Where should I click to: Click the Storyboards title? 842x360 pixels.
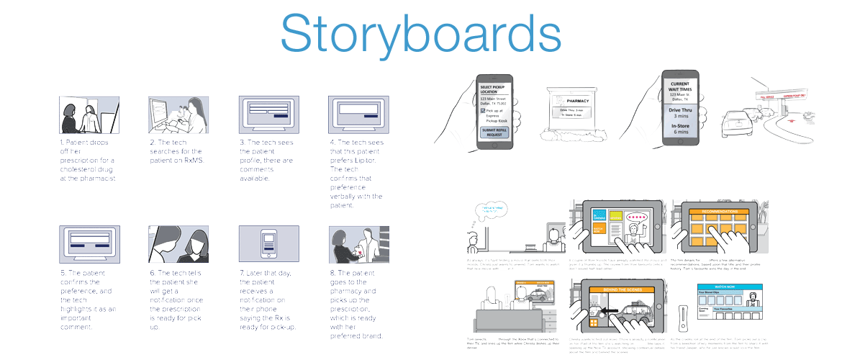[x=421, y=35]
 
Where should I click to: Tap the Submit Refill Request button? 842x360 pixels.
[x=494, y=132]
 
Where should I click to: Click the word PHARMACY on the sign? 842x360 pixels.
[x=577, y=101]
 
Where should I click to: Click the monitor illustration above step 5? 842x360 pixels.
[x=90, y=244]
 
